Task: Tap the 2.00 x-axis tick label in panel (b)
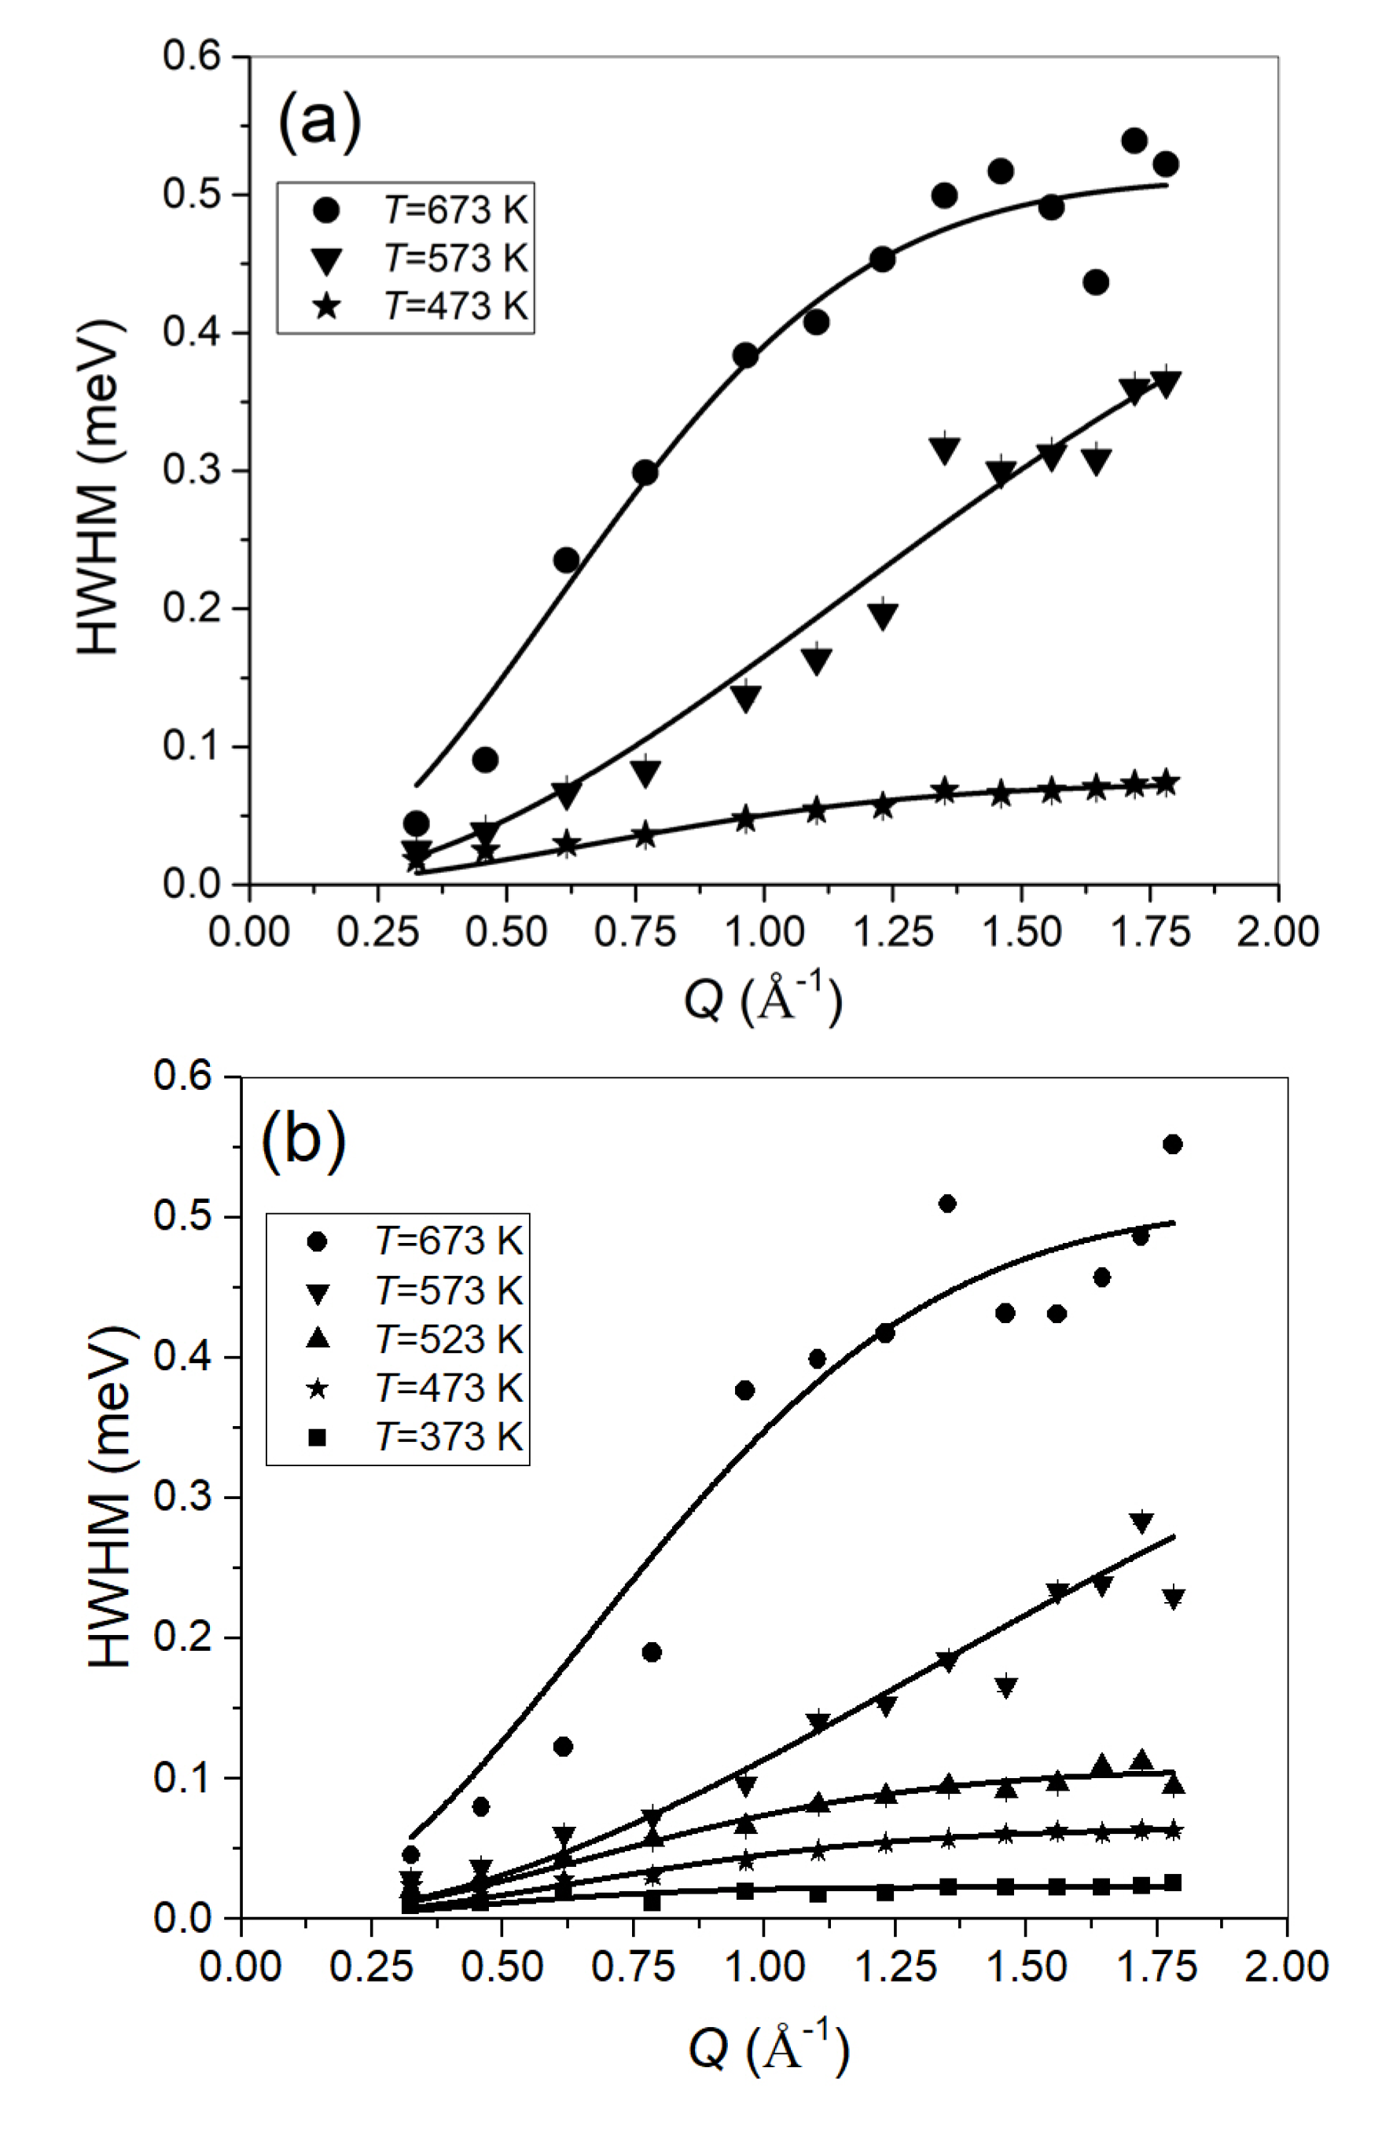point(1286,1967)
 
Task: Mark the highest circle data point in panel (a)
point(1134,141)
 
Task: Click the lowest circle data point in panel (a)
point(416,823)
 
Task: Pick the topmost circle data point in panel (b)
point(1171,1144)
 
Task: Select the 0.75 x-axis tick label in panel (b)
point(632,1967)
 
